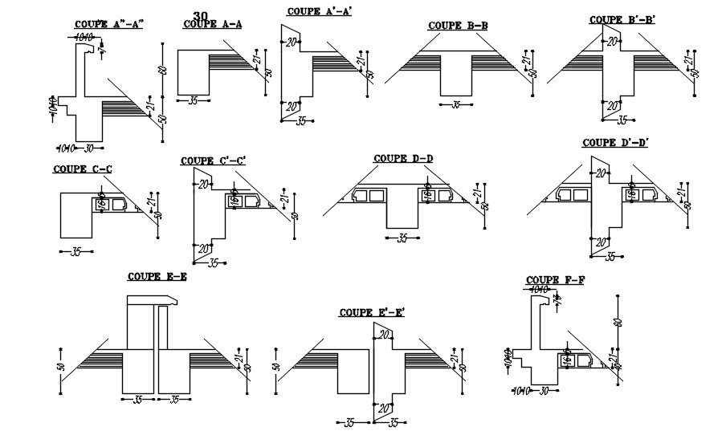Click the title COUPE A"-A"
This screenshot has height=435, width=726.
tap(108, 24)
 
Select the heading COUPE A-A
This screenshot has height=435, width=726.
tap(213, 24)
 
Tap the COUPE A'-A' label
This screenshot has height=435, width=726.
tap(319, 11)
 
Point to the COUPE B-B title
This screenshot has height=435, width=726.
tap(457, 26)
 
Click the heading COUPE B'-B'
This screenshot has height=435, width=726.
tap(622, 19)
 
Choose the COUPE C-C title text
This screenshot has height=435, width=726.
tap(82, 169)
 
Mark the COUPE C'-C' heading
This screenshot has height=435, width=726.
tap(213, 161)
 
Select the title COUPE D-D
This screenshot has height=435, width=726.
tap(403, 158)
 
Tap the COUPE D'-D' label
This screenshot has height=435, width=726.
tap(614, 143)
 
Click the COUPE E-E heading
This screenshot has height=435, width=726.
tap(157, 277)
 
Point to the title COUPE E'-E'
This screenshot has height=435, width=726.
tap(371, 312)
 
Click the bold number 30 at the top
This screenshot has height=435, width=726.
tap(201, 16)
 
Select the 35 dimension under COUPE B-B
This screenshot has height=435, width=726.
tap(456, 104)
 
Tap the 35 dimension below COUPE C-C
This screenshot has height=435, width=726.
tap(76, 251)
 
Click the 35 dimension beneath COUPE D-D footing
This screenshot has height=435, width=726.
tap(402, 238)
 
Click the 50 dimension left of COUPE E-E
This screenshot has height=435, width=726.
tap(61, 367)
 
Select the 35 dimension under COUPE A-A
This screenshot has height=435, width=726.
tap(193, 100)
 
